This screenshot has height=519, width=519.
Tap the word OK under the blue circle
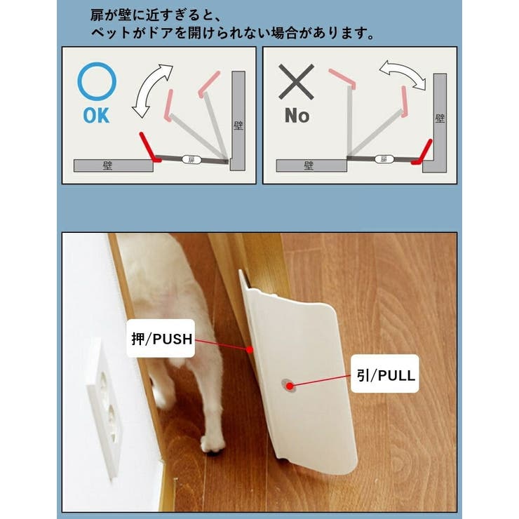point(96,116)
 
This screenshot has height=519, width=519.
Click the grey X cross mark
point(296,82)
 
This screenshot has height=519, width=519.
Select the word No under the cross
point(297,116)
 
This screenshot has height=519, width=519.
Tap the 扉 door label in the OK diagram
point(191,160)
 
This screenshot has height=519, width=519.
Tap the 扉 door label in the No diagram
point(384,159)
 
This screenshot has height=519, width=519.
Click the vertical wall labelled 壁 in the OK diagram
point(238,121)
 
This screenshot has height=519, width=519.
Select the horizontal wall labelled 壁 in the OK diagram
point(113,166)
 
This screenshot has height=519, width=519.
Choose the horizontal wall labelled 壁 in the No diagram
point(311,166)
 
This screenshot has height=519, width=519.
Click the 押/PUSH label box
point(161,338)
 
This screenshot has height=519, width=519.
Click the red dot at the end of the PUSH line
point(250,349)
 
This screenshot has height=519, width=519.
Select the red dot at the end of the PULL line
point(290,386)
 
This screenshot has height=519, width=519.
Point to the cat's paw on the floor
point(213,445)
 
